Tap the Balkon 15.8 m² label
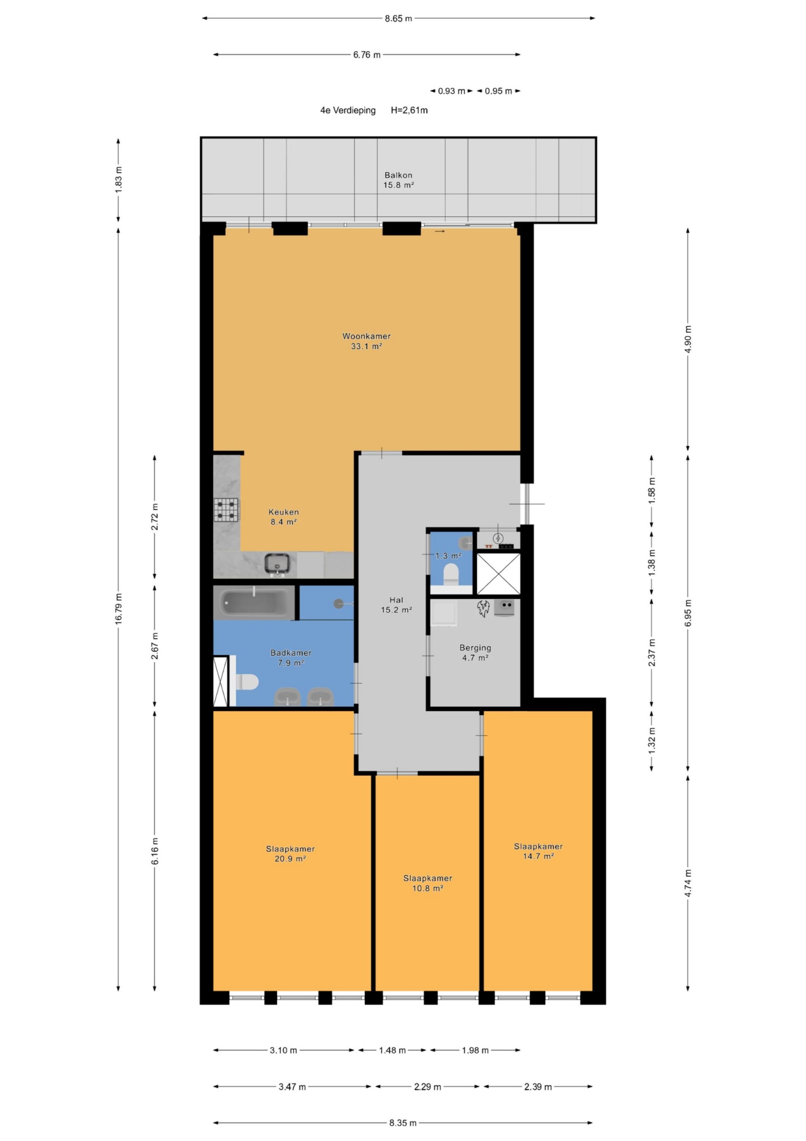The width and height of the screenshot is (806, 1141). coord(398,180)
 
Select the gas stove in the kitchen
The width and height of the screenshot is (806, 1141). coord(226,510)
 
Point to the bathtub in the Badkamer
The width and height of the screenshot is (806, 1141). coord(254,603)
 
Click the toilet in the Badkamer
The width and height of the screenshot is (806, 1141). coord(246,681)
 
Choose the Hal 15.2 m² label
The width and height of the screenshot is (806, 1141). coord(396,605)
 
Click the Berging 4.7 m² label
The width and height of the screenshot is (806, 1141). coord(475,652)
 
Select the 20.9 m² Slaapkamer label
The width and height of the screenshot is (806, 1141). coord(290,854)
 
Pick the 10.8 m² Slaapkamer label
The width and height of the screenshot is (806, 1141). coord(428,883)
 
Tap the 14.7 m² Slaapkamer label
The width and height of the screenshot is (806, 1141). coord(538,851)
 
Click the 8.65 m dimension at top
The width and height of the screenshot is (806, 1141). coord(398,19)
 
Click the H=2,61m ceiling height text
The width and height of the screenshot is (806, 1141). coord(409,110)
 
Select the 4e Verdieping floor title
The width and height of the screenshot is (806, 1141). coord(348,110)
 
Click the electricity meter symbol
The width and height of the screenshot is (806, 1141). coord(498,538)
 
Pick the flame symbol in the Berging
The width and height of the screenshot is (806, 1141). coord(483,608)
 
